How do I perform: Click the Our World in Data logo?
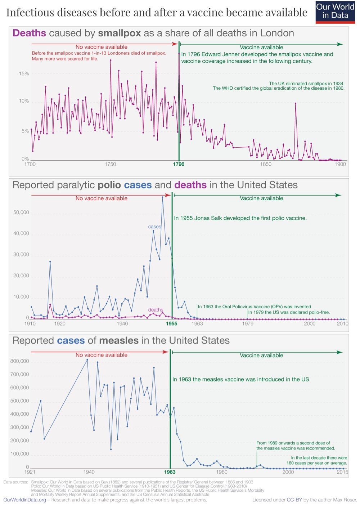[335, 12]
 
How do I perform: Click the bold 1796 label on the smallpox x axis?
[179, 164]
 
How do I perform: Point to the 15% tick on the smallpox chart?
[24, 73]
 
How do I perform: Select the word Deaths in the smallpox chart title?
[29, 33]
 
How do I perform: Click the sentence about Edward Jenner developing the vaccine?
[257, 58]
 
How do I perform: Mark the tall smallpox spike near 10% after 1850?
[296, 103]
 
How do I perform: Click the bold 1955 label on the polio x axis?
[171, 323]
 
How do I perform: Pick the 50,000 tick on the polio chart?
[21, 213]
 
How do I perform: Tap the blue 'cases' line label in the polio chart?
[154, 227]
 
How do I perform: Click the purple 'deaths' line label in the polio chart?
[156, 310]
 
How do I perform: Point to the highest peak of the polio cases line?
[162, 197]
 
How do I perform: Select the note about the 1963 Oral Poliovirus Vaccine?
[254, 307]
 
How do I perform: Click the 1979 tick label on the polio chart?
[248, 323]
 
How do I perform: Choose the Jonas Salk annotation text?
[240, 218]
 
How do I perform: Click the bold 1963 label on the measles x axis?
[170, 472]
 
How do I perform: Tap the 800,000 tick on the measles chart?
[20, 361]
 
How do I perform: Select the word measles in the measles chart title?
[119, 340]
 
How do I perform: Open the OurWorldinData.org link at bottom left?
[25, 500]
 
